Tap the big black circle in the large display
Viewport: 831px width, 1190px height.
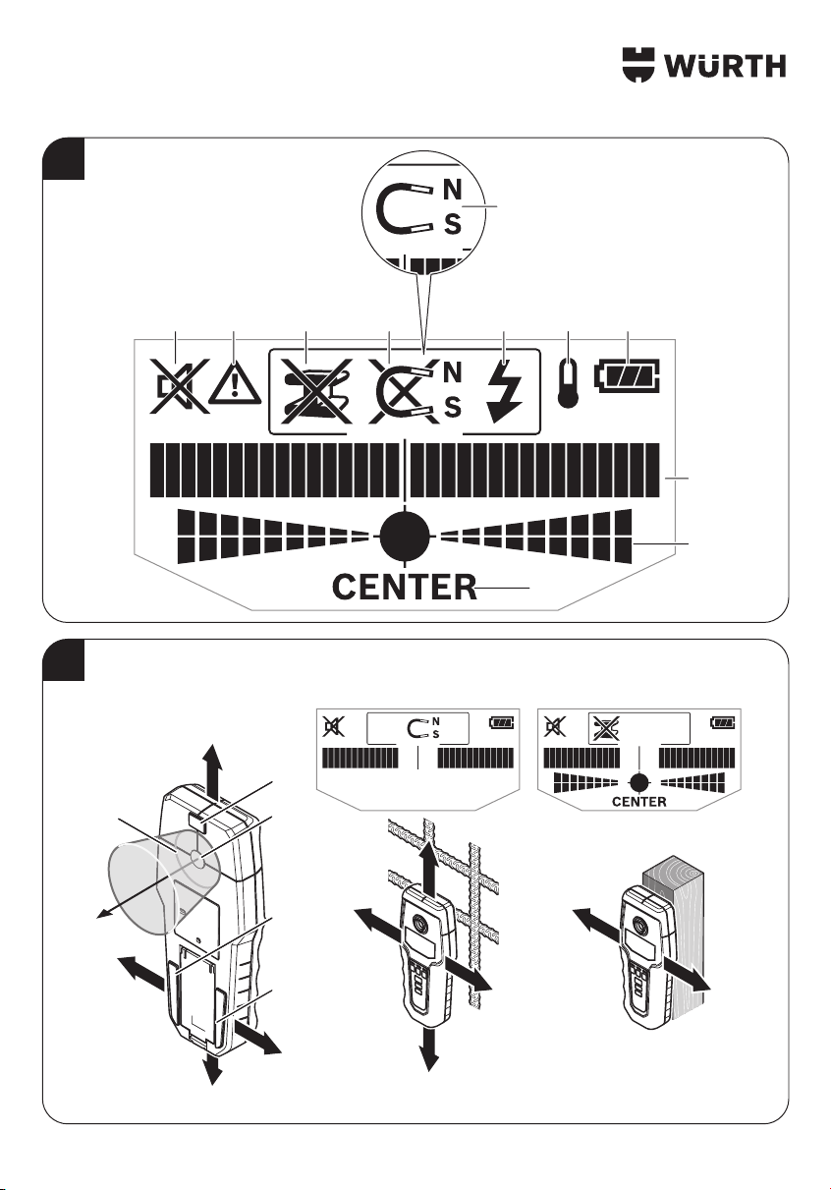coord(405,538)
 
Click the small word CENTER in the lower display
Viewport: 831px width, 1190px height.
coord(639,802)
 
